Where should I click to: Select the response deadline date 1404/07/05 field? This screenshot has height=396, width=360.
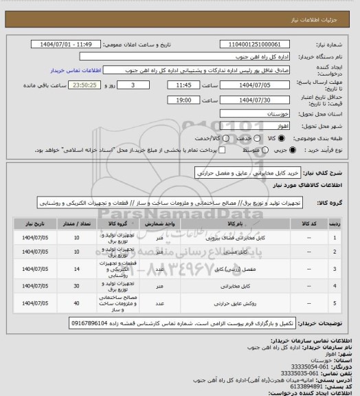coord(254,86)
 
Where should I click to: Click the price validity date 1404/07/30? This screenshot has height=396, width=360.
coord(254,100)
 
